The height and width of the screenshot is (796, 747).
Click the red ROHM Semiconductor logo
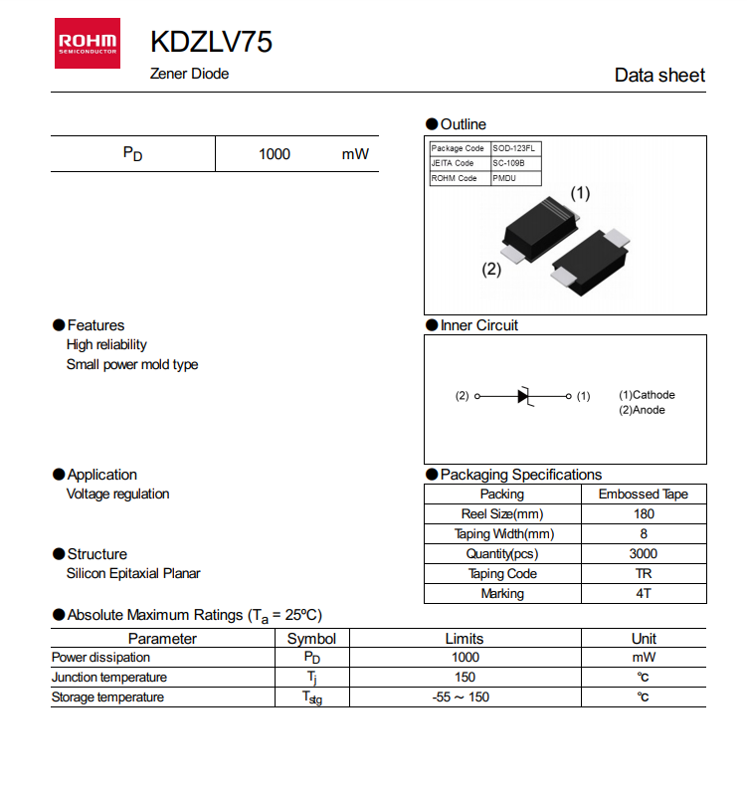[88, 43]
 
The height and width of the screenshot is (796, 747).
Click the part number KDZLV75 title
[211, 42]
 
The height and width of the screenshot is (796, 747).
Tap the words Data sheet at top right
[659, 76]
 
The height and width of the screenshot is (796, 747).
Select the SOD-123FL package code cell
[516, 148]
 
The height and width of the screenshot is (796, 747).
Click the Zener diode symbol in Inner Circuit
[525, 396]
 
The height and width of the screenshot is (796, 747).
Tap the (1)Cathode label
[647, 395]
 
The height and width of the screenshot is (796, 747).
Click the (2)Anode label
[642, 410]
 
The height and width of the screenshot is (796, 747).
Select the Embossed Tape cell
[643, 495]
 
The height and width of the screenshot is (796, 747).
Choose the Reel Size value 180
[644, 514]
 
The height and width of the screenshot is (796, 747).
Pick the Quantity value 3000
[644, 554]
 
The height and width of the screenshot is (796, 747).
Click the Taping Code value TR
[644, 574]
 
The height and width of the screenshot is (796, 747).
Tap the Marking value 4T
[644, 594]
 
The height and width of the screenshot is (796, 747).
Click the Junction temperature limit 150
[465, 678]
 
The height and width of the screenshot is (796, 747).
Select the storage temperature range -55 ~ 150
[462, 697]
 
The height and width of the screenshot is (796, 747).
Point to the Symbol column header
[311, 639]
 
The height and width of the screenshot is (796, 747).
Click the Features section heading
[95, 325]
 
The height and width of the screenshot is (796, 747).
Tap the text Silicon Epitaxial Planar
[133, 573]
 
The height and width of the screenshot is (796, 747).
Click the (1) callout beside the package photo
[580, 192]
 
